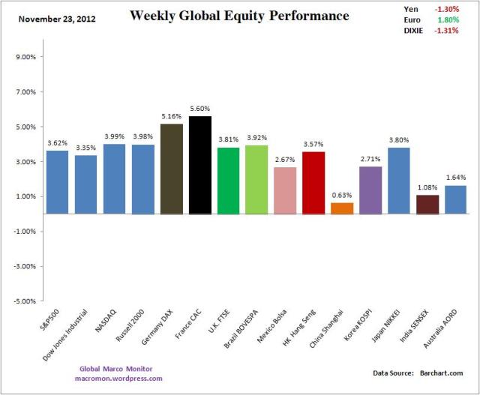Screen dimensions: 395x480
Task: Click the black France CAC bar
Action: (x=200, y=165)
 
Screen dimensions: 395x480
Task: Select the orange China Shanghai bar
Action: (x=342, y=208)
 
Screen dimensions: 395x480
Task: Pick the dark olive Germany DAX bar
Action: (x=172, y=169)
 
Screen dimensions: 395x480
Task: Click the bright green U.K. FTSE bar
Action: (x=229, y=181)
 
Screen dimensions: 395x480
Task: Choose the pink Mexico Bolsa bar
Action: (x=285, y=190)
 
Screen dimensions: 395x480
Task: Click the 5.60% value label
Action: (x=200, y=108)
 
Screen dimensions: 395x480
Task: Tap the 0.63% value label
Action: (x=342, y=195)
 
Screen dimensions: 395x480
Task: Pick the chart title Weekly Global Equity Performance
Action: (x=239, y=15)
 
